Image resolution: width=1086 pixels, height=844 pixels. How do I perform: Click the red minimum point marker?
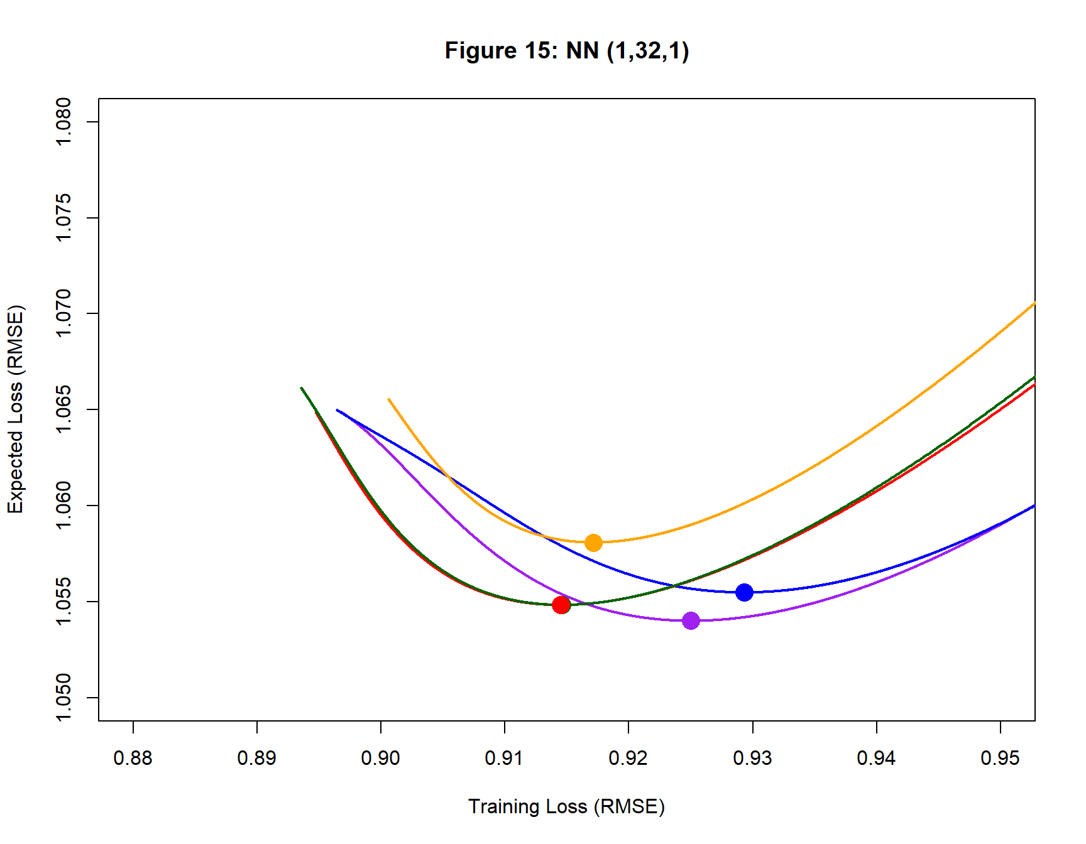click(561, 605)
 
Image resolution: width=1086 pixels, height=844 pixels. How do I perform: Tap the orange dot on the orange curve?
click(593, 543)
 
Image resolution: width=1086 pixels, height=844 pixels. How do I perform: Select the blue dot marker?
click(744, 592)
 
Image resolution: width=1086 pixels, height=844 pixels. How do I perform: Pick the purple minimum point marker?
click(691, 620)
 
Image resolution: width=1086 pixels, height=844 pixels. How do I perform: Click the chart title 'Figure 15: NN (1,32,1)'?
click(566, 50)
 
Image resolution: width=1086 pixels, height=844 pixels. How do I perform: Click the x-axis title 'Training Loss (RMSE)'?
click(566, 806)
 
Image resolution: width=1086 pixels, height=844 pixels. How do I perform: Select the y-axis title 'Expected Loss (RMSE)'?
click(16, 409)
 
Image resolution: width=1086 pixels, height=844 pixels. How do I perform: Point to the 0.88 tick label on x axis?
click(133, 759)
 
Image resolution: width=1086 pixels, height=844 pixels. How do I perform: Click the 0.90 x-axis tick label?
click(380, 759)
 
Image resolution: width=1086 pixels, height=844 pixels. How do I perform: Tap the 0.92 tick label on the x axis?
click(628, 759)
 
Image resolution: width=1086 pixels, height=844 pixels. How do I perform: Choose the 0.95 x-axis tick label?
click(1000, 759)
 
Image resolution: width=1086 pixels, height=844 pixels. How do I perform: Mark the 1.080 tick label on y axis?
click(63, 122)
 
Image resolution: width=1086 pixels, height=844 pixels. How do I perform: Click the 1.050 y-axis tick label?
click(63, 697)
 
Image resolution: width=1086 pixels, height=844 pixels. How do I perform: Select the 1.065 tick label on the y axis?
click(63, 409)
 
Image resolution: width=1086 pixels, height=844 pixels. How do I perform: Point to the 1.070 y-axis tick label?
click(63, 313)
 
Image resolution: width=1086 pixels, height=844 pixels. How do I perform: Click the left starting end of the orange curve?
click(389, 399)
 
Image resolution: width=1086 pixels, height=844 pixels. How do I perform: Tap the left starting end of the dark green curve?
click(302, 388)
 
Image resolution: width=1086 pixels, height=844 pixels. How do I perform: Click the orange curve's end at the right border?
click(1034, 304)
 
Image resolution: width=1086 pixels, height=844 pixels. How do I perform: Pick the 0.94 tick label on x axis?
click(876, 759)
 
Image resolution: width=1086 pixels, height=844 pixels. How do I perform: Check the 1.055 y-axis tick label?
click(63, 602)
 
